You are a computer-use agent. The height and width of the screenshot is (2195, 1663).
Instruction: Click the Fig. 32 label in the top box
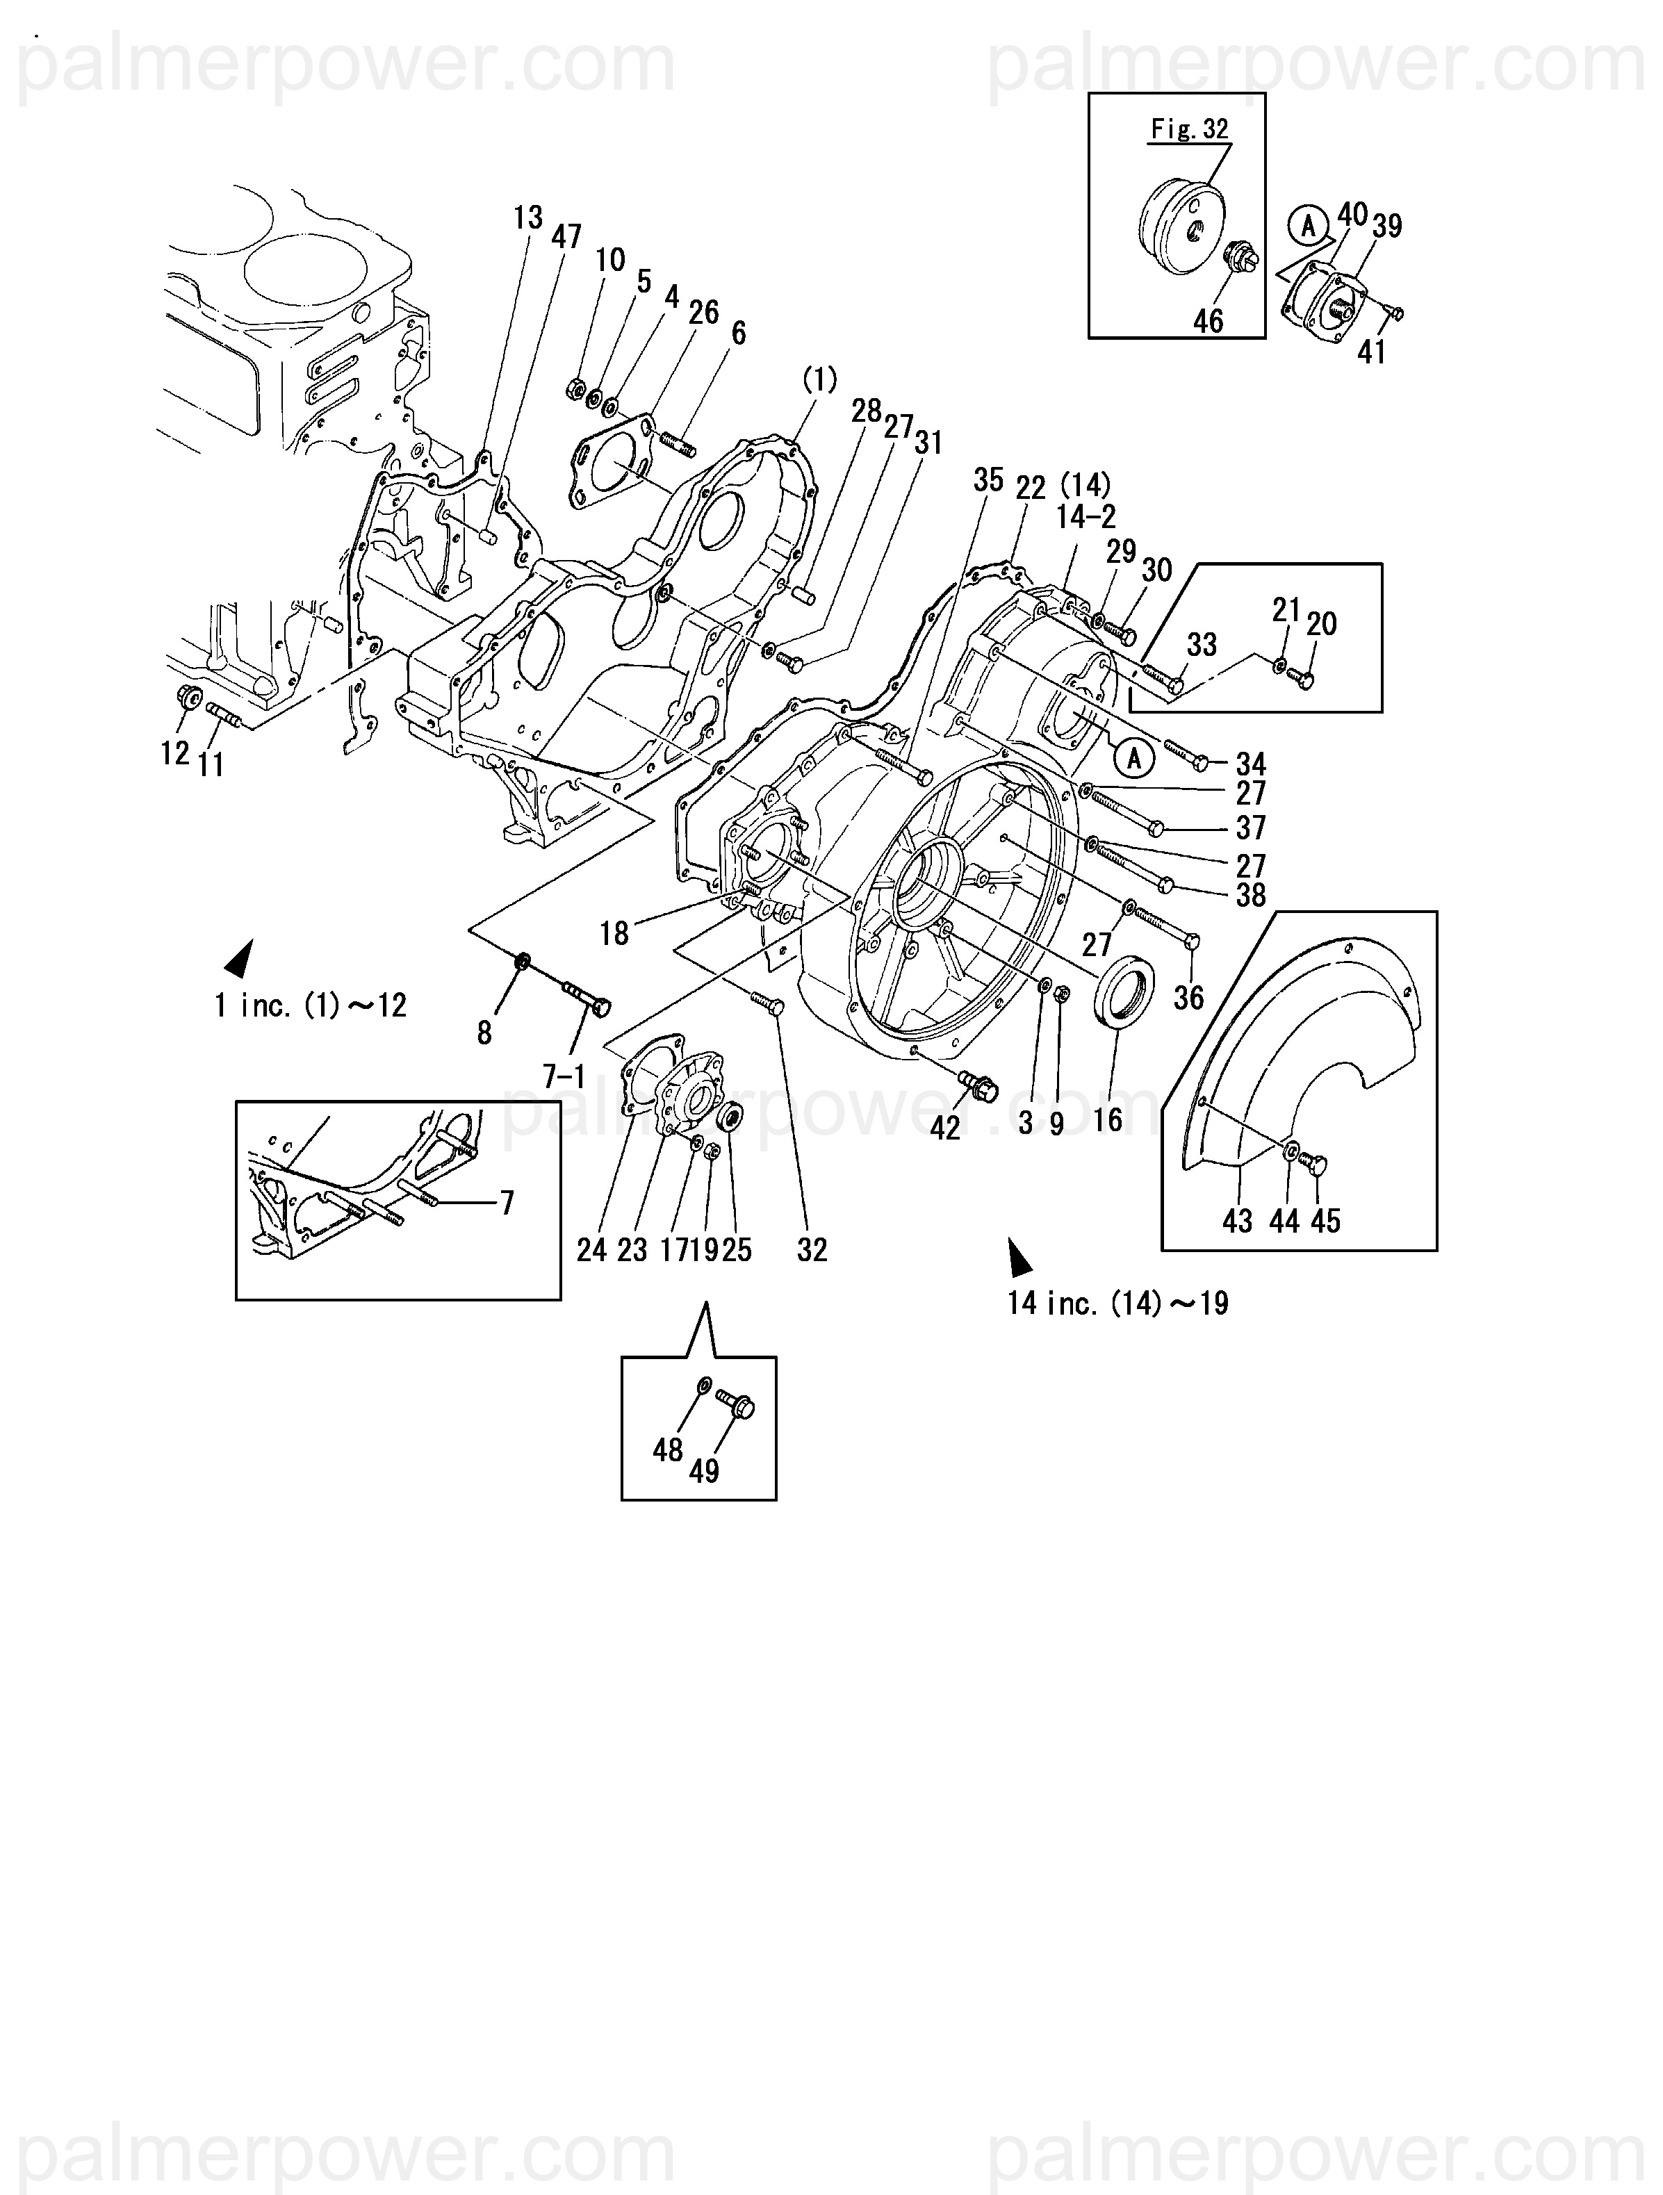(x=1190, y=129)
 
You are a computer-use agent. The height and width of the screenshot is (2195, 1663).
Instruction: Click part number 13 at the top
(x=529, y=217)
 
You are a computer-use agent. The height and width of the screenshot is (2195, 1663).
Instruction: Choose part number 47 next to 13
(x=566, y=236)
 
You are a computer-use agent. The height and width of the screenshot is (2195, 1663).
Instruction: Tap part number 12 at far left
(x=174, y=753)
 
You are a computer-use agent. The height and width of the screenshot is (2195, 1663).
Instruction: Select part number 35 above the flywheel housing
(x=988, y=480)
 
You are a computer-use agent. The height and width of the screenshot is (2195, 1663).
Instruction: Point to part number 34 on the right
(x=1251, y=764)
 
